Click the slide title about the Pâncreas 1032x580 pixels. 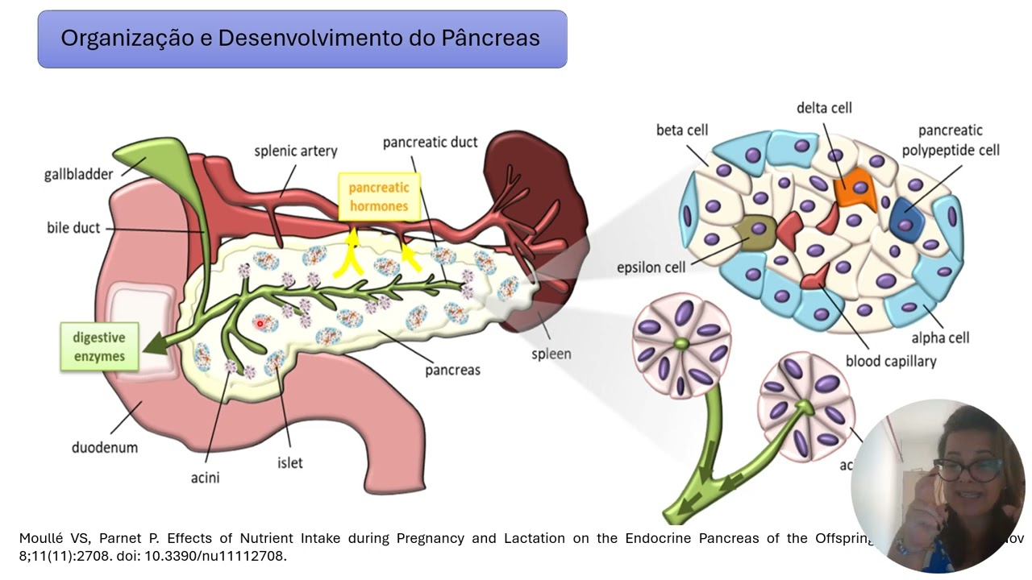click(301, 39)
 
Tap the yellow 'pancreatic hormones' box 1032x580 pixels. click(378, 197)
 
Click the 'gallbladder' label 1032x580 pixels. click(78, 174)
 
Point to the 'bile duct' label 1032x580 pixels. click(73, 228)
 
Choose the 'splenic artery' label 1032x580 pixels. click(296, 151)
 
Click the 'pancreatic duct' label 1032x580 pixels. click(430, 142)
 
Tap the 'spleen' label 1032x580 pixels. click(551, 354)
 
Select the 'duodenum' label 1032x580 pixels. click(105, 447)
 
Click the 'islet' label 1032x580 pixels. click(290, 463)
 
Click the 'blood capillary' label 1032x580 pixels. click(891, 361)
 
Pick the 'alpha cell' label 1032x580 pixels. click(940, 338)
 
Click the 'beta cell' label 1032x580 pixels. click(682, 130)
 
